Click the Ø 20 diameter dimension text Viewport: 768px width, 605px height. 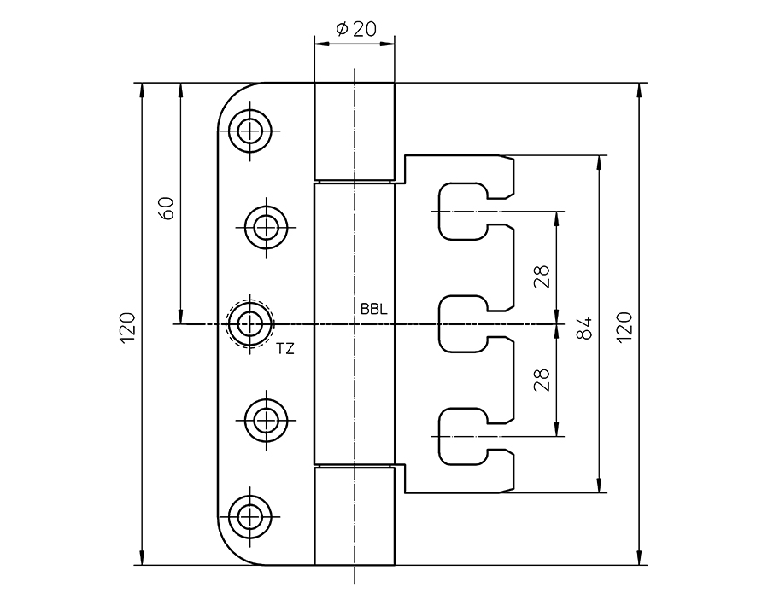tap(354, 29)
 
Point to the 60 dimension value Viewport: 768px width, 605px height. tap(167, 208)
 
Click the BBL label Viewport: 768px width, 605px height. tap(373, 310)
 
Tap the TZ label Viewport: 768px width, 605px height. tap(284, 348)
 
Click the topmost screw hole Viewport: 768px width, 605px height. tap(250, 131)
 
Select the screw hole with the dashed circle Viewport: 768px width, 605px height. tap(250, 323)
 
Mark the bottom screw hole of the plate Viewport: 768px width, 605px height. tap(250, 515)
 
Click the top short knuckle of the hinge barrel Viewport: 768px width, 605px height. tap(354, 131)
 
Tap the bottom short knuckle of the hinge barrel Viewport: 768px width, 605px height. tap(354, 515)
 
